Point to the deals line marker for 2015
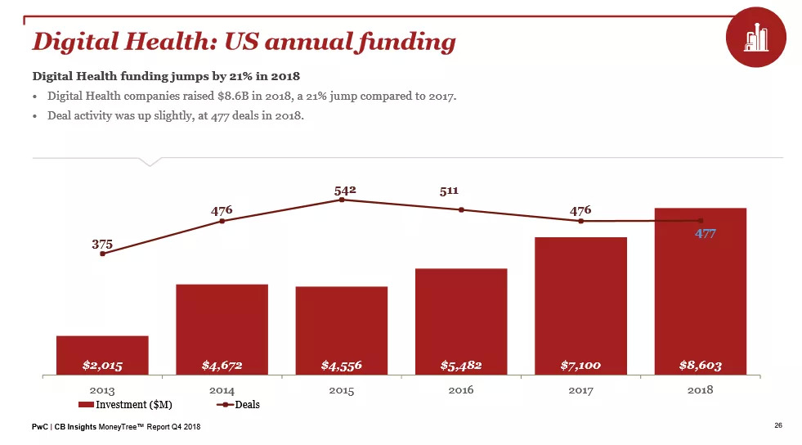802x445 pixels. tap(342, 200)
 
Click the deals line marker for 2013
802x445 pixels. tap(103, 254)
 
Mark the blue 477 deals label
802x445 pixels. tap(706, 233)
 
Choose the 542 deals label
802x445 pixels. tap(345, 190)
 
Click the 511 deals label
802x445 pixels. tap(449, 191)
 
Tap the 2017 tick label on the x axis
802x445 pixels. tap(580, 390)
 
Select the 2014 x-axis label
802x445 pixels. tap(222, 390)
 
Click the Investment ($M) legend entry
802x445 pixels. tap(126, 404)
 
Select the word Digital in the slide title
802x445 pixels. tap(72, 41)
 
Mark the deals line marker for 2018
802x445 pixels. tap(701, 221)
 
